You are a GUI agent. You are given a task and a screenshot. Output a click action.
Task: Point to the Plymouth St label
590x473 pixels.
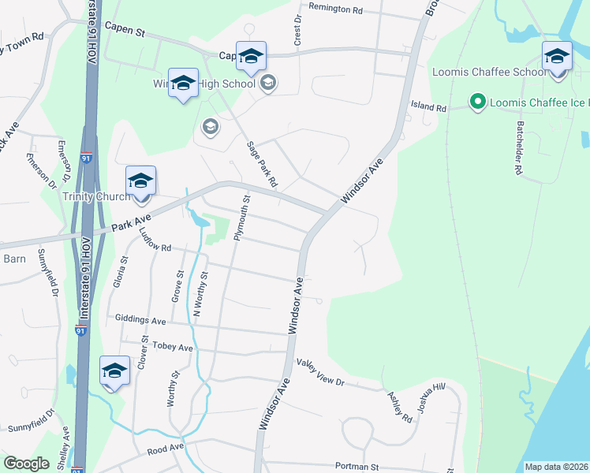tap(243, 220)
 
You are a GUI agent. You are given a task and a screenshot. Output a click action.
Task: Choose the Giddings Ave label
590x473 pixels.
tap(140, 321)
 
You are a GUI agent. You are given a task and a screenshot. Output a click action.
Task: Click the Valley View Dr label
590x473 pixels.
tap(320, 372)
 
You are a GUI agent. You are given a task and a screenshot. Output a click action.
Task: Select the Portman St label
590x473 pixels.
tap(357, 467)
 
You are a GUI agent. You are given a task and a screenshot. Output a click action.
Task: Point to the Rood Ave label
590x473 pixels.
tap(166, 449)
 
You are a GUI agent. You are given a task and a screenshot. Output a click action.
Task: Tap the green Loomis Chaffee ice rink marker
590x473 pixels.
tap(476, 102)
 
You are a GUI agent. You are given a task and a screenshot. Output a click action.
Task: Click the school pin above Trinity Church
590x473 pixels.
tap(140, 181)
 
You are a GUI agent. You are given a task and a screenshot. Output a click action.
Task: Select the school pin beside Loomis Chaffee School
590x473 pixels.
tap(557, 58)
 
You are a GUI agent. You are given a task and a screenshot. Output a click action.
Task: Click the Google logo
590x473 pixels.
tap(27, 464)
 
